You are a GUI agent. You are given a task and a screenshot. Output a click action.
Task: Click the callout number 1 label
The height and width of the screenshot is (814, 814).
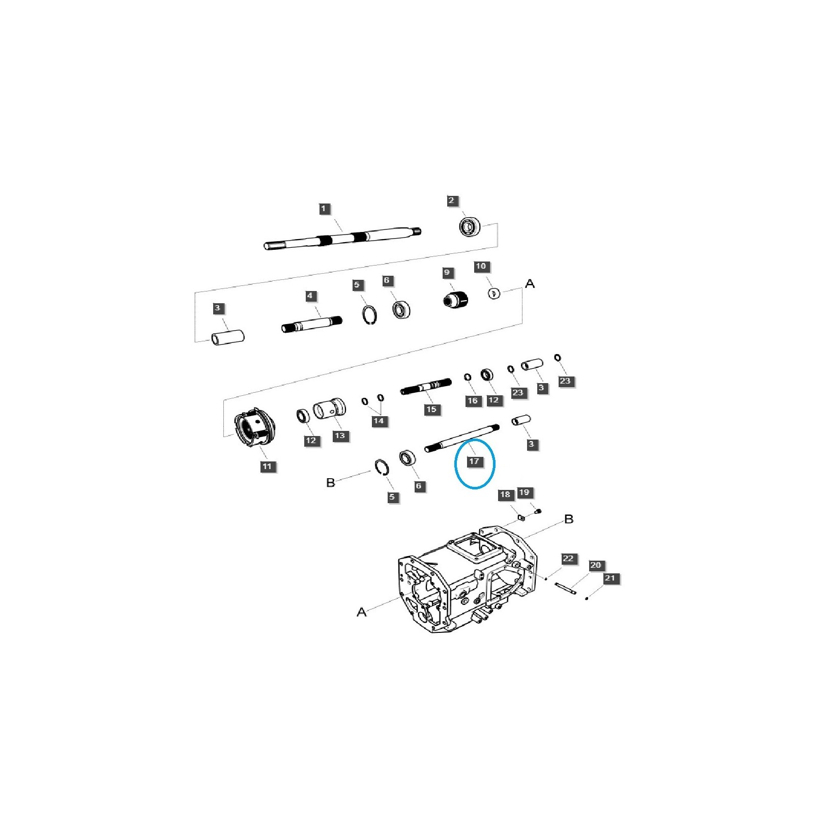[x=324, y=209]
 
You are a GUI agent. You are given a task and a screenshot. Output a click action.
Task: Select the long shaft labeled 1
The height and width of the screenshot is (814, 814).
[x=342, y=239]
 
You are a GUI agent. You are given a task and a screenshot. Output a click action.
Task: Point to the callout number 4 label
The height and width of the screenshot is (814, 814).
[x=310, y=296]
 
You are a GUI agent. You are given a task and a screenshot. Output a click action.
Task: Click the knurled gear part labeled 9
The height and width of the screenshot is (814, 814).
[x=456, y=299]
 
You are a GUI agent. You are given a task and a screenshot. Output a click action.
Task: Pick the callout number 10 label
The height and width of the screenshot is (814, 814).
[x=481, y=266]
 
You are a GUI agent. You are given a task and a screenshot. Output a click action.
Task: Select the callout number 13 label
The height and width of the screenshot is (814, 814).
[x=340, y=435]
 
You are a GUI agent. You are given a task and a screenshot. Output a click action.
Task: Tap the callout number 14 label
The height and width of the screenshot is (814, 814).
[x=379, y=421]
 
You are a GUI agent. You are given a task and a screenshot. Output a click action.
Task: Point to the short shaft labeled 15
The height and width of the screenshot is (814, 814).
[x=426, y=386]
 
